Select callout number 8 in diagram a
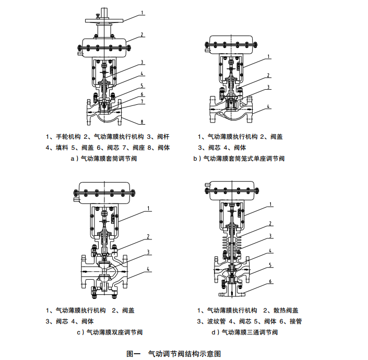143,123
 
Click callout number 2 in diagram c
149,236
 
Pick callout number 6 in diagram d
270,282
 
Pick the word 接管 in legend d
295,321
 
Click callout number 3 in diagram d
270,236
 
